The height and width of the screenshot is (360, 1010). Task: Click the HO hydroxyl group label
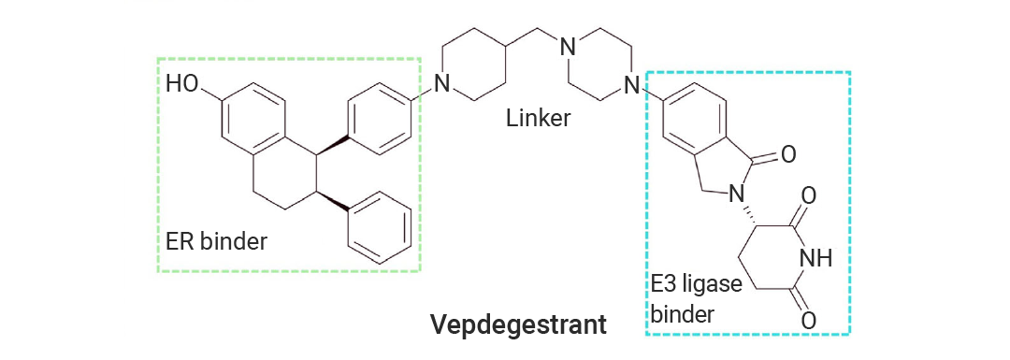coord(183,84)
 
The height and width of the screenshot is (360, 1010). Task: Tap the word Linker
coord(539,118)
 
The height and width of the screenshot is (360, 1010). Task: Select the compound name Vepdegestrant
coord(518,324)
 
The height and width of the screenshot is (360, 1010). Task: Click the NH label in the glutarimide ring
coord(815,259)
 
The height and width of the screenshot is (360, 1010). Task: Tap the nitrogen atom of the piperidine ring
coord(441,83)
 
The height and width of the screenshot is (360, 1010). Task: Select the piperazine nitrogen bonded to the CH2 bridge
coord(568,47)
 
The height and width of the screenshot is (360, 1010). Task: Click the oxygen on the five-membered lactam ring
coord(787,155)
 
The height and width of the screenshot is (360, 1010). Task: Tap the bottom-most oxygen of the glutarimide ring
coord(809,320)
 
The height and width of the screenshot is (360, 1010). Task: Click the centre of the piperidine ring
coord(473,65)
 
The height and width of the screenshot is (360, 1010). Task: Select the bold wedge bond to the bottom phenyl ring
coord(332,200)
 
